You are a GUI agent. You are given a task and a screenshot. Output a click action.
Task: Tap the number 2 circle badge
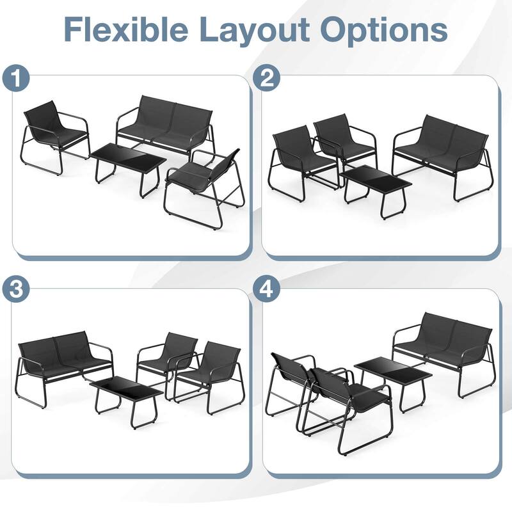click(268, 79)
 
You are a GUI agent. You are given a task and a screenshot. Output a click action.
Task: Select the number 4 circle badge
click(268, 289)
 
